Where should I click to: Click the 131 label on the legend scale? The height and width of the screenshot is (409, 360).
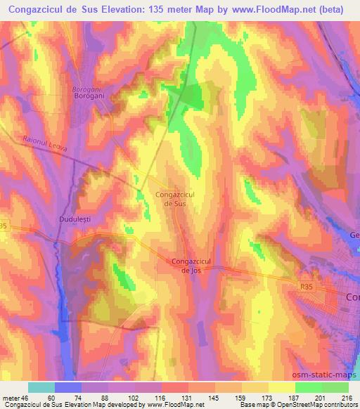[x=186, y=397]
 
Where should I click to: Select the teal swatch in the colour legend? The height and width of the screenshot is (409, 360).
[x=41, y=387]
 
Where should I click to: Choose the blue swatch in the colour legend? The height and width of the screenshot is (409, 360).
[x=68, y=387]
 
